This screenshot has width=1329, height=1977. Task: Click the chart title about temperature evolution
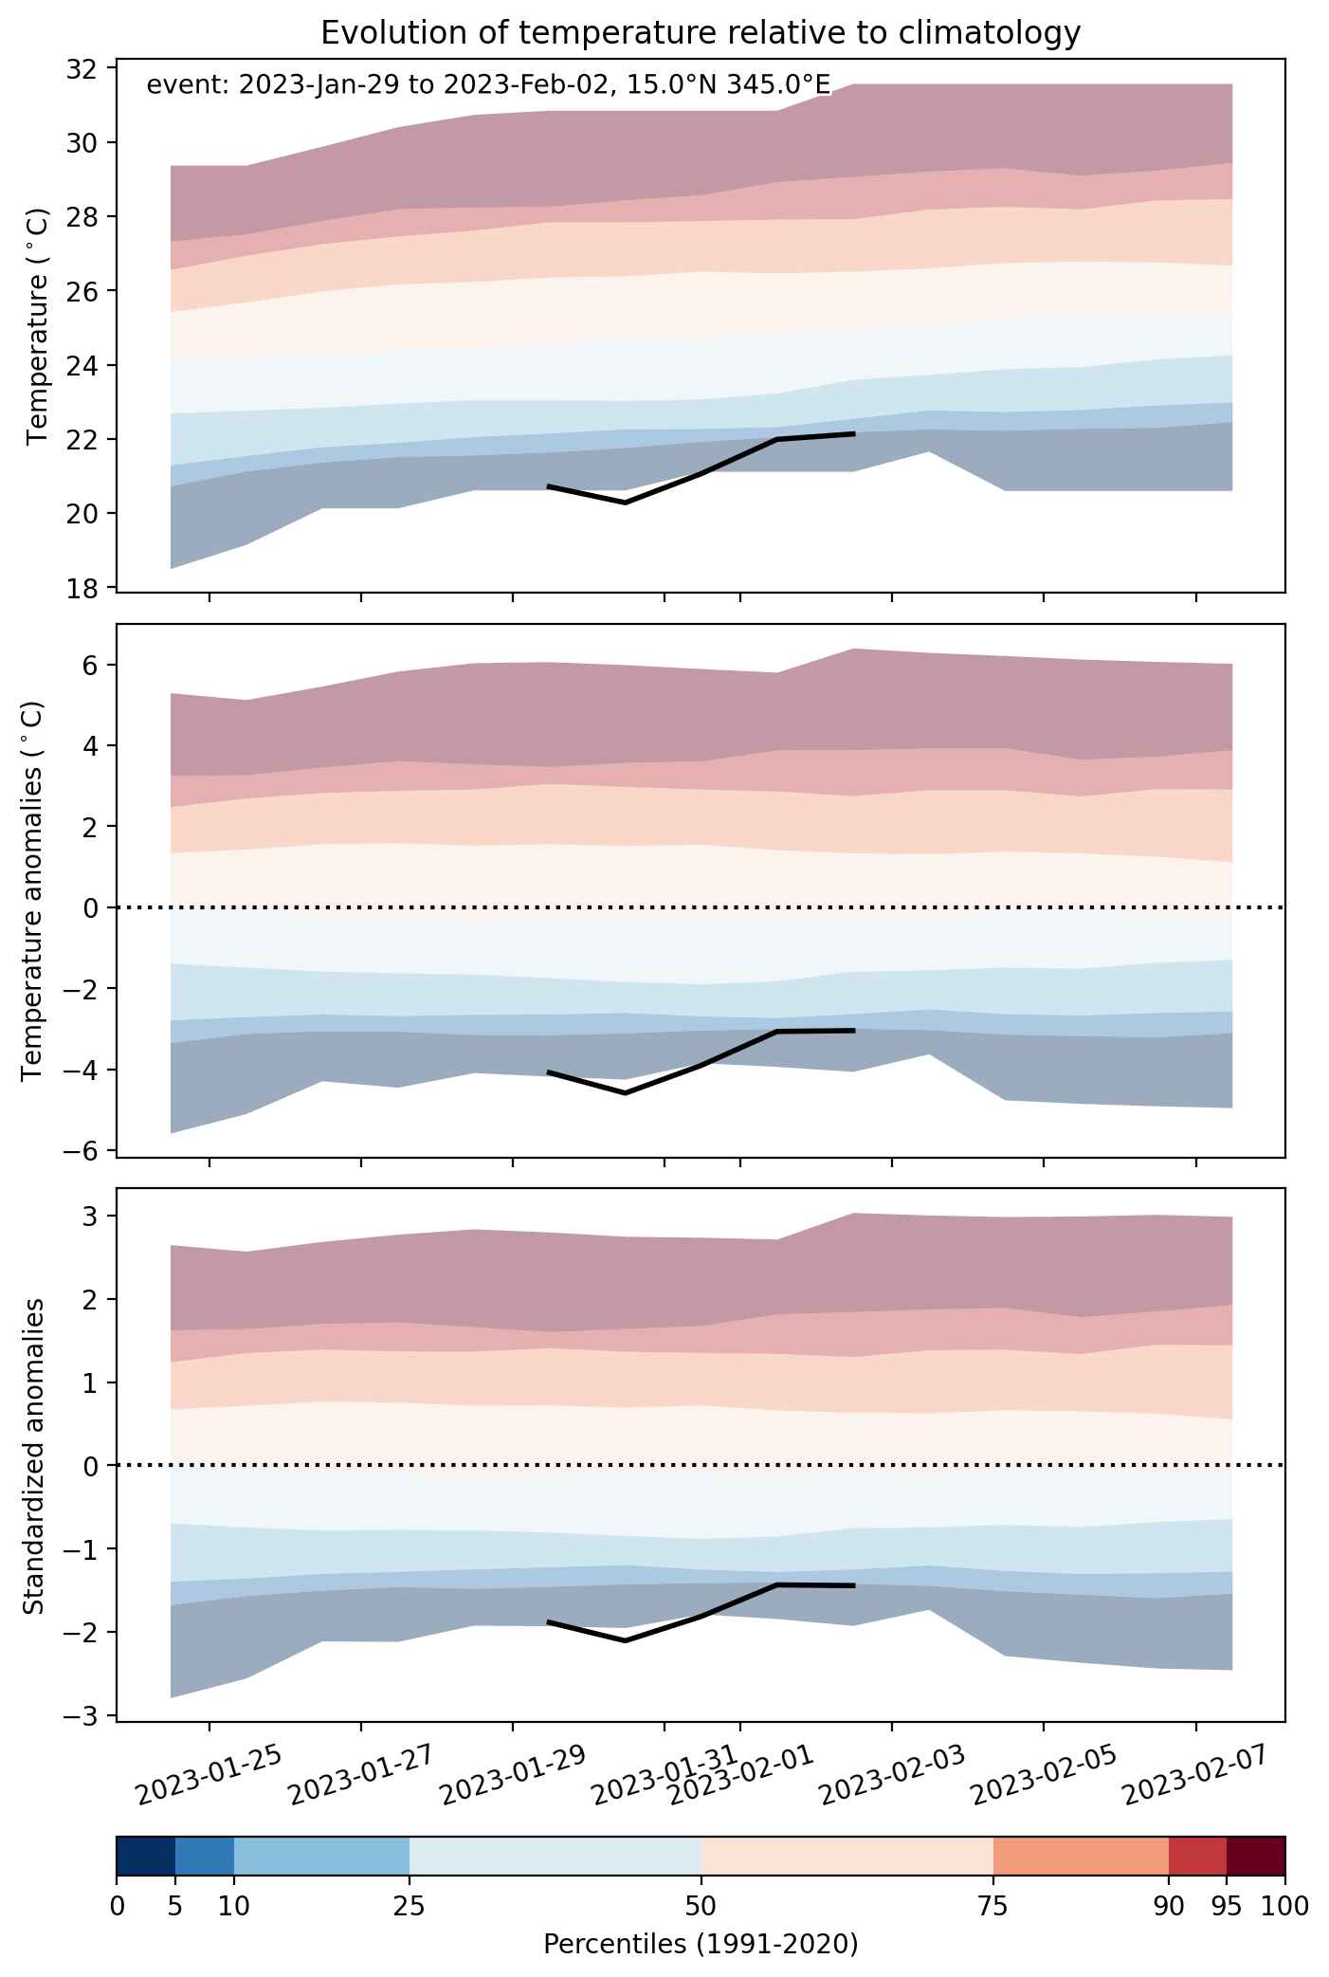tap(701, 33)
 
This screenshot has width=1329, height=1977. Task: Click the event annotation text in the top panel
tap(488, 85)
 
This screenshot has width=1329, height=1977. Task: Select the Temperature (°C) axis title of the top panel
tap(38, 326)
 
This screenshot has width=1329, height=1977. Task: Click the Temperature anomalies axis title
tap(33, 890)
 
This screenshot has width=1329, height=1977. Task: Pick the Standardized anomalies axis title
tap(33, 1456)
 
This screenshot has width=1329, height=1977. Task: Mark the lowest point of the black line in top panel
tap(626, 503)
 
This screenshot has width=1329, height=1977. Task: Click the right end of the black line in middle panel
tap(854, 1030)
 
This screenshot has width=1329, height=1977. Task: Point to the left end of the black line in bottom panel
tap(549, 1622)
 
